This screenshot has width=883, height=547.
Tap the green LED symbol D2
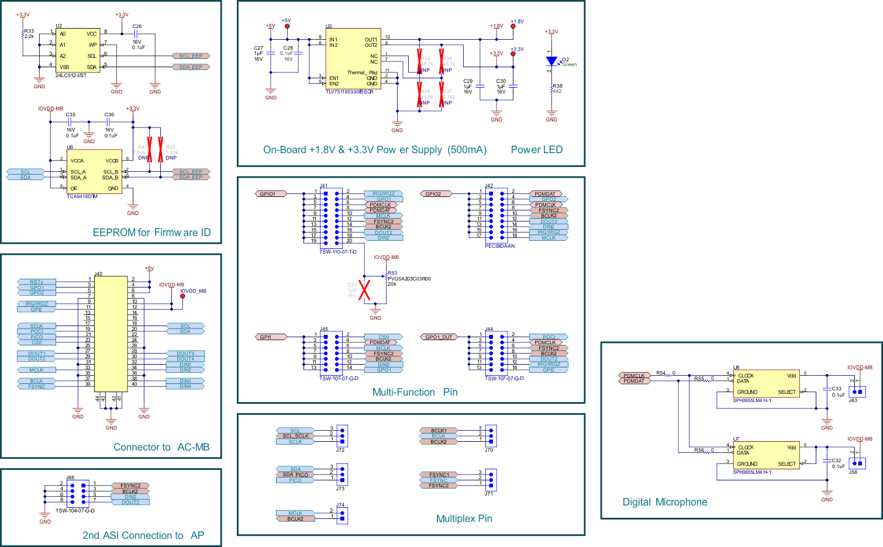tap(551, 61)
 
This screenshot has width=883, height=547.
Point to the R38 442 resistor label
tap(557, 89)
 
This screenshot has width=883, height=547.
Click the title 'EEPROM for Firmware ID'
tap(151, 233)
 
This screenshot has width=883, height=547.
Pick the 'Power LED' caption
tap(536, 150)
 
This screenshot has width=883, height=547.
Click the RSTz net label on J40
tap(37, 282)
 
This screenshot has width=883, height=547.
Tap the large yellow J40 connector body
tap(111, 333)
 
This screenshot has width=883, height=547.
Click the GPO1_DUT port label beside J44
tap(438, 337)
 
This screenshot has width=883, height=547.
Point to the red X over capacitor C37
tap(364, 290)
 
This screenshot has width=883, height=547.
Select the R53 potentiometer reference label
tap(392, 273)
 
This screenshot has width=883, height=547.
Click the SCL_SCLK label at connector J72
tap(295, 436)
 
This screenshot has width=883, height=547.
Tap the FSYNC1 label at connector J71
tap(439, 475)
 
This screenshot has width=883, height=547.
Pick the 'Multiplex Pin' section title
tap(464, 518)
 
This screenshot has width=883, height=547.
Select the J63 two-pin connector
tap(857, 392)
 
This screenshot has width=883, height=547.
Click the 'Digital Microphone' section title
tap(664, 502)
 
